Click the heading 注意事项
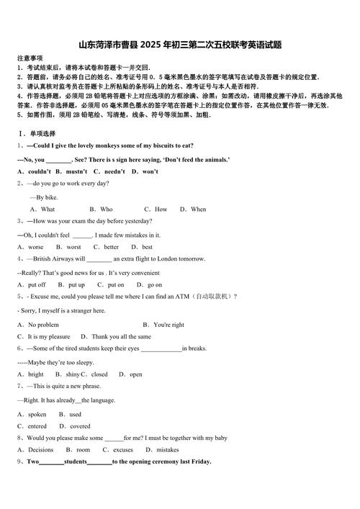point(30,58)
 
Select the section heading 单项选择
point(42,133)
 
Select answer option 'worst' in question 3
point(73,247)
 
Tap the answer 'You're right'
point(168,325)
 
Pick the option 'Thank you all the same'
point(121,336)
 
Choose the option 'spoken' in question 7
point(37,414)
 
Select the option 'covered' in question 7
point(80,426)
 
